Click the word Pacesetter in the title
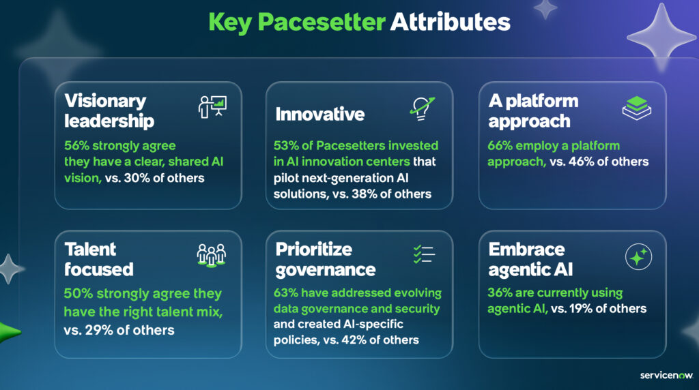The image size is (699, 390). point(322,22)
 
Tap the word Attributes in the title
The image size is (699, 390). point(451,22)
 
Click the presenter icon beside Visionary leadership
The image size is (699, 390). point(212,107)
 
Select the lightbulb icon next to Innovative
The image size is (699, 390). point(422,108)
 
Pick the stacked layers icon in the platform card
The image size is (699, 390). point(637,108)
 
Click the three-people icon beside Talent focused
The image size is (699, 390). point(212,256)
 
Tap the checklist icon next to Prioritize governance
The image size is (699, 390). point(424,254)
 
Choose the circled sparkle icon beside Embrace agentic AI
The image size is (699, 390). point(638,257)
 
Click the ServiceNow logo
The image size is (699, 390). point(666,375)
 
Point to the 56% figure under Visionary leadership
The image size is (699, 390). point(76,146)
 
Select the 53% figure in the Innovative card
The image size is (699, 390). point(286,146)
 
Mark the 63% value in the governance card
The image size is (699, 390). point(286,292)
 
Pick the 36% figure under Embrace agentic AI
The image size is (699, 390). point(500,292)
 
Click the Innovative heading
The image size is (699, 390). point(320,115)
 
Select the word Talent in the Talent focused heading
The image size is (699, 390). point(91,250)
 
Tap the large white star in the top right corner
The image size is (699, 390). point(661,37)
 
